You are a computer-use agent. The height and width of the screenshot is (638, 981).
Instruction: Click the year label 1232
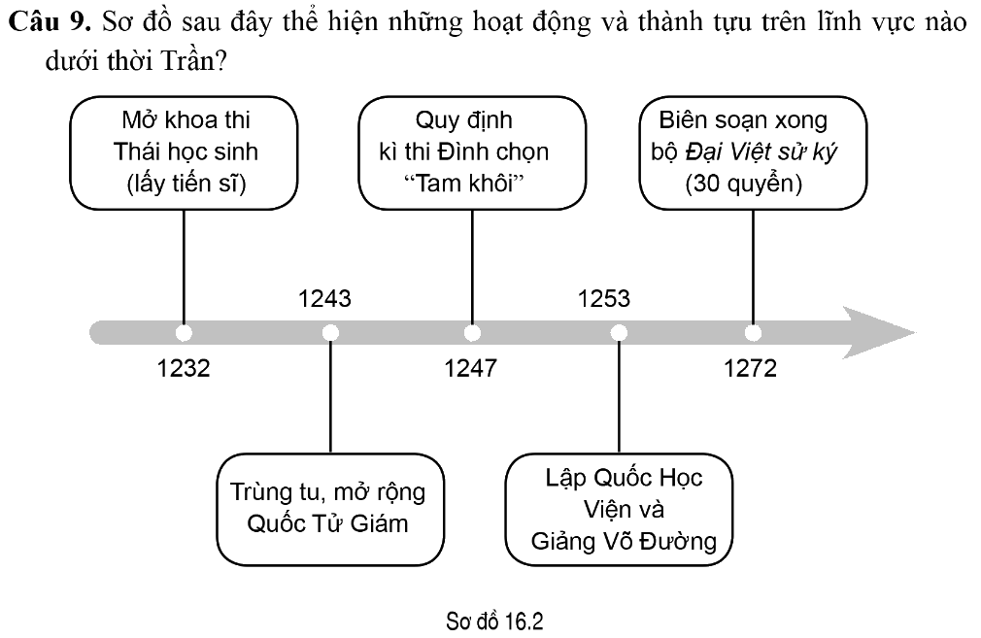(184, 368)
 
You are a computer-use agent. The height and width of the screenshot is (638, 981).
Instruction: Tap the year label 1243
(324, 298)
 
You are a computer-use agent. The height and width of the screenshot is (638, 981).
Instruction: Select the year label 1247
(470, 368)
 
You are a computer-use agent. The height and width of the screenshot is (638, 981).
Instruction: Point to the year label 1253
(604, 298)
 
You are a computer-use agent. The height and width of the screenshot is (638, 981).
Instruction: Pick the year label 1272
(750, 368)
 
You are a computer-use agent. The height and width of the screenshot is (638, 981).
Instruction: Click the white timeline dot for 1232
(184, 333)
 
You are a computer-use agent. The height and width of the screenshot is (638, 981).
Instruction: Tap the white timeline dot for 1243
(330, 333)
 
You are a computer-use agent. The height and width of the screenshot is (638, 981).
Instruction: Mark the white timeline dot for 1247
(472, 333)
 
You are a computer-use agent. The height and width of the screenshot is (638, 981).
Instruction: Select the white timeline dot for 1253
(619, 333)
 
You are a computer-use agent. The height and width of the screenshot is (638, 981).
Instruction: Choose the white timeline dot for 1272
(754, 333)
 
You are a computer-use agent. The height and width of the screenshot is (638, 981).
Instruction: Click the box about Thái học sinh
(184, 152)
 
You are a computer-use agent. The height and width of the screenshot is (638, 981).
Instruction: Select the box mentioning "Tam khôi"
(472, 152)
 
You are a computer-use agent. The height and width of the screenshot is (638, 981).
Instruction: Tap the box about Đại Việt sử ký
(753, 152)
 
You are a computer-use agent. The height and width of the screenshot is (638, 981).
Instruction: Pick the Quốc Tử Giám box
(330, 509)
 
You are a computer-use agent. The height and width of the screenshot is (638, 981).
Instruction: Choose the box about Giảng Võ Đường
(619, 509)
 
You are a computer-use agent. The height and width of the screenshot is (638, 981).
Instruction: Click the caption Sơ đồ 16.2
(494, 621)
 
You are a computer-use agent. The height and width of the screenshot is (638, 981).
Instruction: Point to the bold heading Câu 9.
(51, 22)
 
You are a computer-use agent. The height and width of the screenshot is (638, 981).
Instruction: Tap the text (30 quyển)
(743, 184)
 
